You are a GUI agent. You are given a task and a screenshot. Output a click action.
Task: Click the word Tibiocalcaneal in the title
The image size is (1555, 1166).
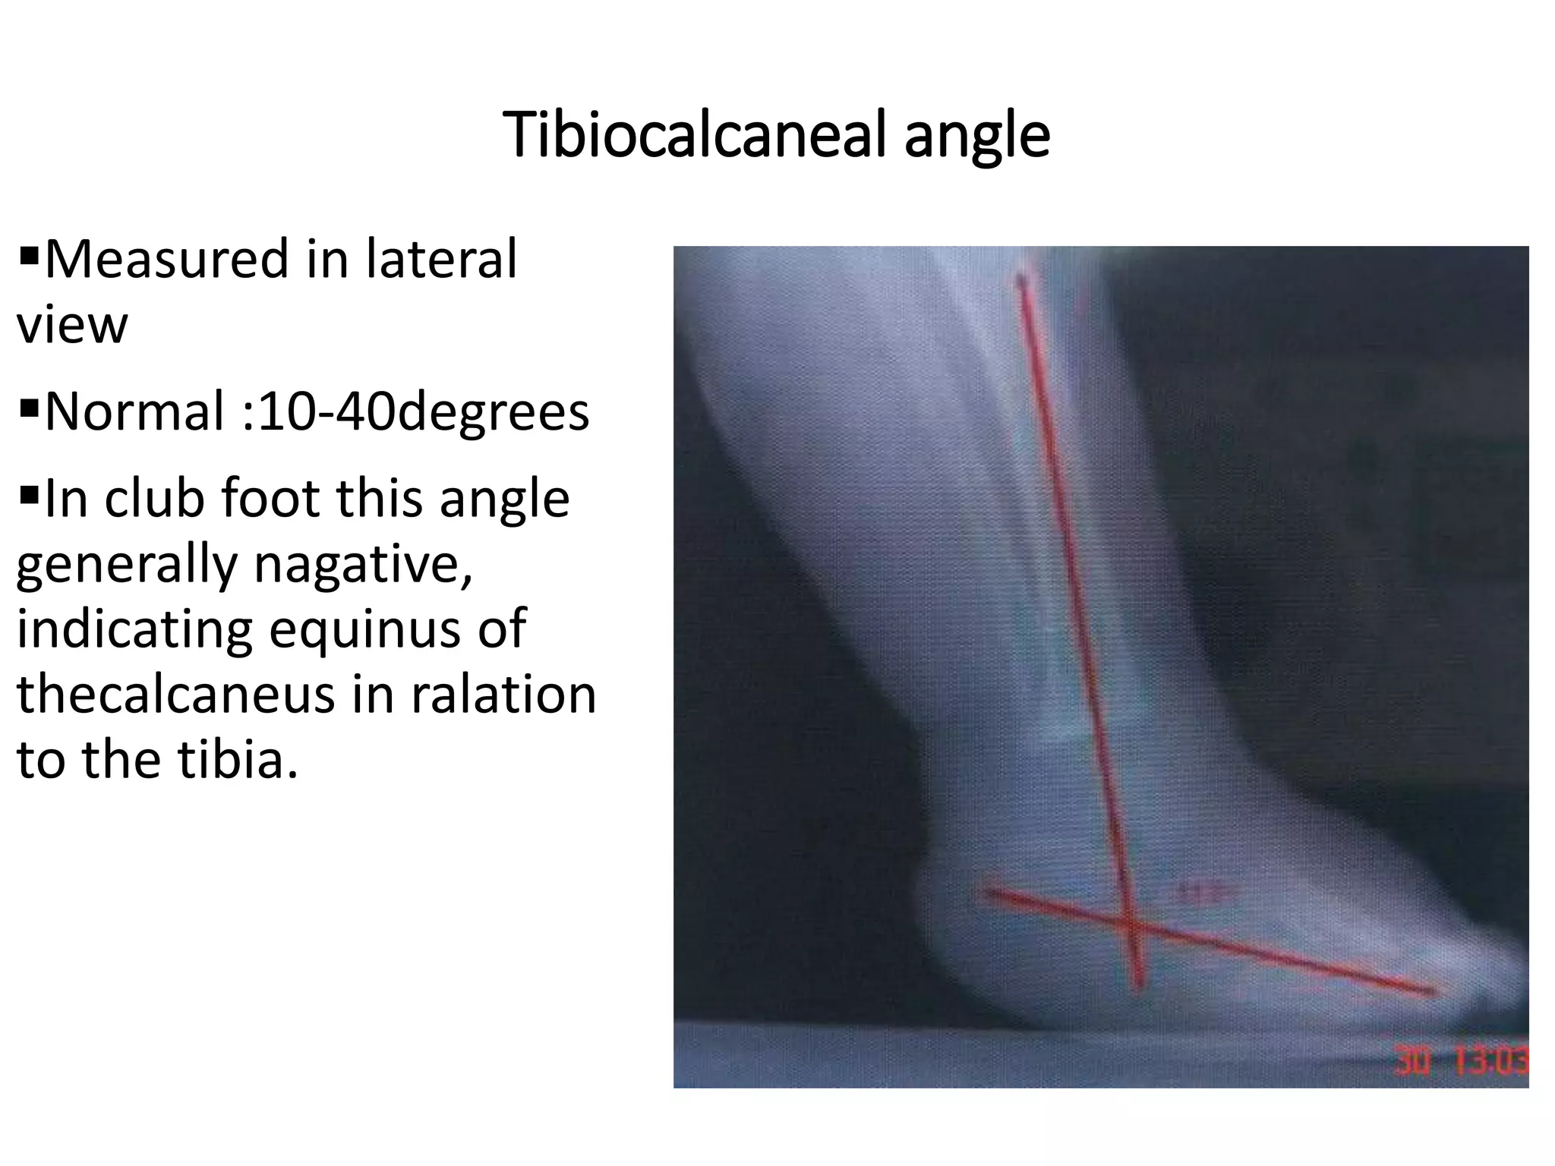[695, 135]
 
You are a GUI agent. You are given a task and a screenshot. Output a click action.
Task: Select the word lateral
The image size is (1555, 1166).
[441, 260]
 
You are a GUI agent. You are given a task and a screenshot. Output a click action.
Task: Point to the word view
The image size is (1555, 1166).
[72, 325]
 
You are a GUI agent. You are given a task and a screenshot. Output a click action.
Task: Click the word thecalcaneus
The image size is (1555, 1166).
[175, 695]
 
